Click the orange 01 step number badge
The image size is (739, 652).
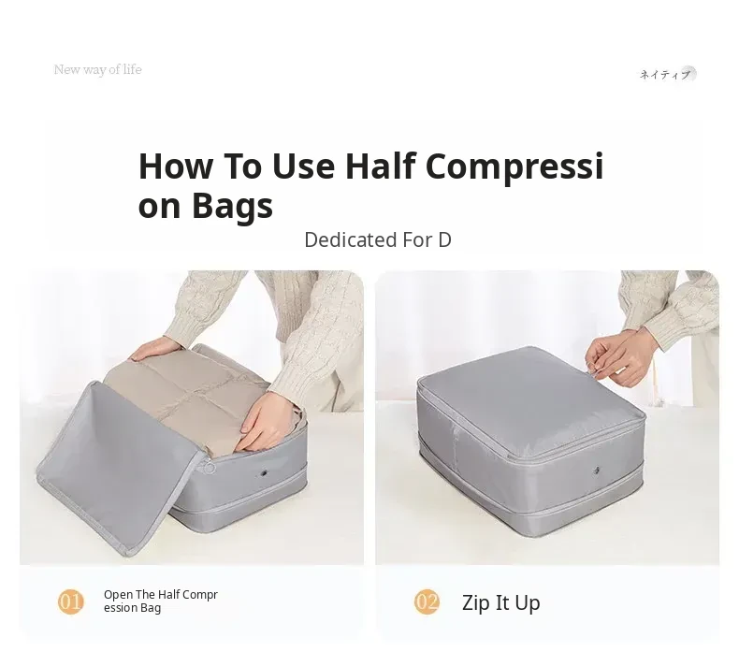tap(71, 601)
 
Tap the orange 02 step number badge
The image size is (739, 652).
tap(427, 601)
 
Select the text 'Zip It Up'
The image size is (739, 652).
tap(501, 603)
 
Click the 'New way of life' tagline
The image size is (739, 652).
tap(97, 70)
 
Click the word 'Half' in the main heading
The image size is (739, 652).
tap(381, 166)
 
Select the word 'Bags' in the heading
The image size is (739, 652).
tap(232, 207)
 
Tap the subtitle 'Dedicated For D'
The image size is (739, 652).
tap(378, 239)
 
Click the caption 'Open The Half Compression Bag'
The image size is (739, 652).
tap(161, 601)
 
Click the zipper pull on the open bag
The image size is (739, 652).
tap(209, 467)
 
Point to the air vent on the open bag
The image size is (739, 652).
tap(265, 472)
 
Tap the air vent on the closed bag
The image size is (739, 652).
tap(597, 470)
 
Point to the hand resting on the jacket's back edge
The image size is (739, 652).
tap(155, 349)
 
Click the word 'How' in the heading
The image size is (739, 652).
tap(175, 166)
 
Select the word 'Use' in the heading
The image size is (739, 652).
tap(303, 166)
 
